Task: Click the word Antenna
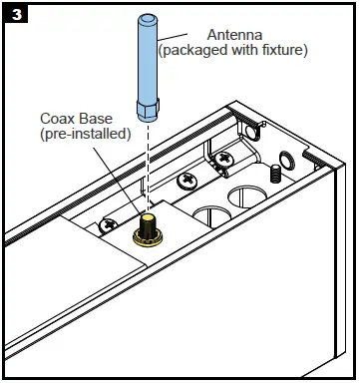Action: coord(234,35)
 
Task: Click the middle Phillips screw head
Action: coord(186,181)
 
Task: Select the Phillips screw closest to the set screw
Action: coord(224,158)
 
